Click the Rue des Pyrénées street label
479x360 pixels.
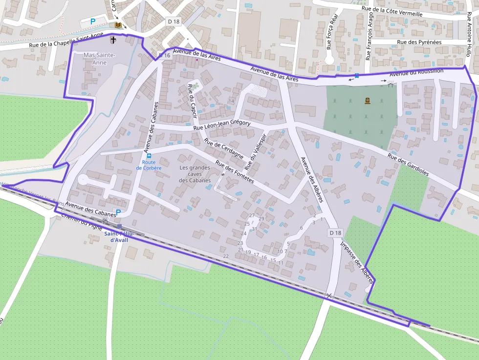[x=419, y=42]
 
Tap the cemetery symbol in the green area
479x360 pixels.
[x=368, y=101]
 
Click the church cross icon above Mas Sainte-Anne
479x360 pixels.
[x=113, y=40]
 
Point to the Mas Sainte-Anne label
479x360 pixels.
[x=99, y=59]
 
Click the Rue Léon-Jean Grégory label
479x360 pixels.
[x=222, y=125]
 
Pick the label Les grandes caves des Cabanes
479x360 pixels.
[x=195, y=174]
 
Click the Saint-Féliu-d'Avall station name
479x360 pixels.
[x=119, y=236]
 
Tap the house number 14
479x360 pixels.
[x=231, y=101]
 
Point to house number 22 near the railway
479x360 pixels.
[x=225, y=256]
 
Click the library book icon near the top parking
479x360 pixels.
[x=117, y=24]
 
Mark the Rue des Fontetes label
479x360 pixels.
[x=235, y=172]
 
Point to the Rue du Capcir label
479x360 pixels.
[x=192, y=102]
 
